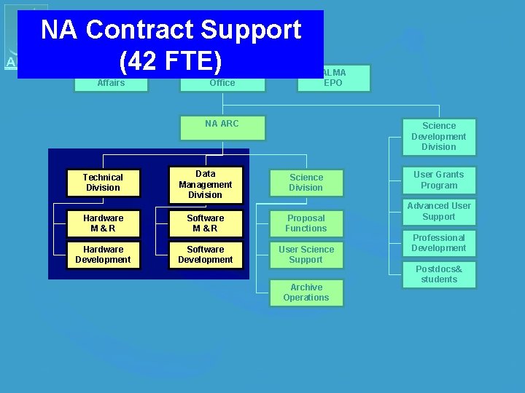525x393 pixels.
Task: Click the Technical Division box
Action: tap(103, 183)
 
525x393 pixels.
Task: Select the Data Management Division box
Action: tap(205, 184)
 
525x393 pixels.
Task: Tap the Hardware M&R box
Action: tap(103, 223)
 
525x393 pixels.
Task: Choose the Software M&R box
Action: tap(205, 223)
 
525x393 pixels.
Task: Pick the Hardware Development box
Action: tap(103, 255)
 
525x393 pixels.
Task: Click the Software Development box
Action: tap(205, 255)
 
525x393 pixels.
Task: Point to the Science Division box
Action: tap(306, 183)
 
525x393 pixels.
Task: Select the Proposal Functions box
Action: tap(306, 223)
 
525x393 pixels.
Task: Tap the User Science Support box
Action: tap(306, 255)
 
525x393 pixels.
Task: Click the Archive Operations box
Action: tap(306, 293)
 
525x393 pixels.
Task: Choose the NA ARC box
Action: tap(222, 127)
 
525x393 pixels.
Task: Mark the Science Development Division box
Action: tap(439, 137)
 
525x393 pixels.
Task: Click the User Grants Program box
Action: tap(439, 180)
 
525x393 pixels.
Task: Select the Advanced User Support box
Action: tap(439, 212)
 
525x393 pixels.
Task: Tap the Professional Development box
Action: tap(439, 243)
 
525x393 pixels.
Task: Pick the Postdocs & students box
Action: tap(439, 274)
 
